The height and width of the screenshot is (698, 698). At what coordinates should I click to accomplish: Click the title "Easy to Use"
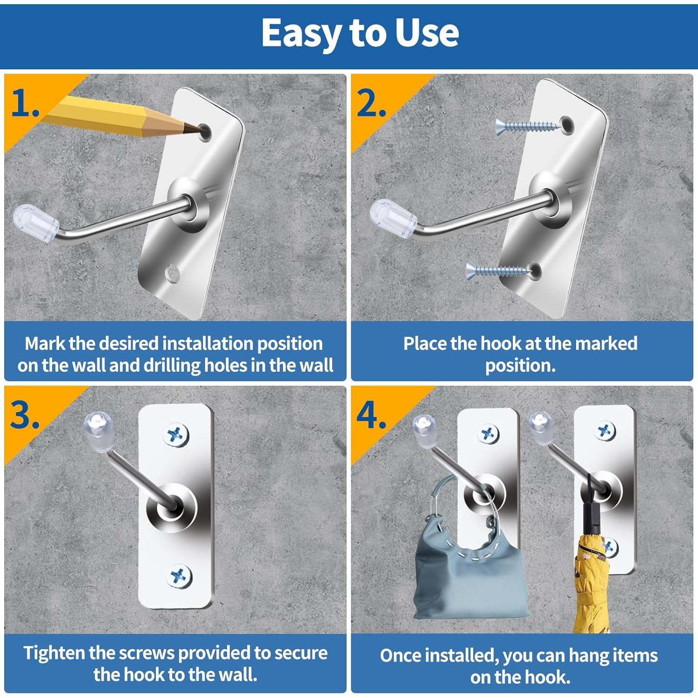tap(360, 33)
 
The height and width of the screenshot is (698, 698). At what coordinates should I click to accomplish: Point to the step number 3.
tap(25, 415)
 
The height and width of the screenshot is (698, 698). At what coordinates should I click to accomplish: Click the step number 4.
tap(371, 415)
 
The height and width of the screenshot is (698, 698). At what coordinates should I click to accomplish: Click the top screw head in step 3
tap(176, 435)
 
